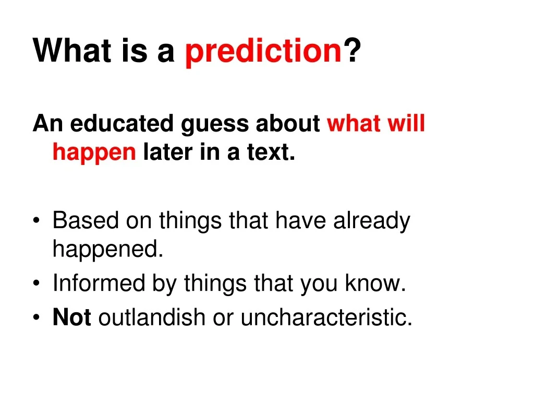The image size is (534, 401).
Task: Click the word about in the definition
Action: pos(288,124)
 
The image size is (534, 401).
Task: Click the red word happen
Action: pos(94,152)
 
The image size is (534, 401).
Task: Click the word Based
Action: pos(85,221)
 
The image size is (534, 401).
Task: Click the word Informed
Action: pos(98,284)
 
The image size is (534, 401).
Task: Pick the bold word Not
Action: pos(72,317)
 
